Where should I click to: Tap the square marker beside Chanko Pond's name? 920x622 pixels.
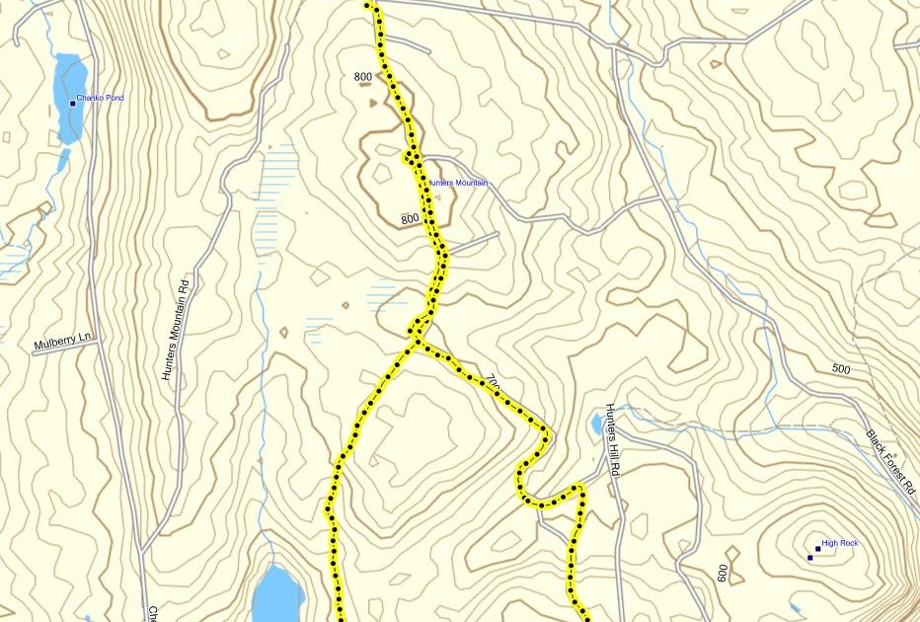(x=72, y=103)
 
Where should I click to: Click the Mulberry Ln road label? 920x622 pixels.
(x=62, y=344)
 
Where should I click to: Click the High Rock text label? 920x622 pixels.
(x=840, y=543)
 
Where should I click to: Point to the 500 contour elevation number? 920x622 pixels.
(x=840, y=369)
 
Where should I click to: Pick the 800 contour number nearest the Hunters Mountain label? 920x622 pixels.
(x=411, y=218)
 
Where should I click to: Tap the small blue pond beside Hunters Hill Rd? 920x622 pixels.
(x=596, y=425)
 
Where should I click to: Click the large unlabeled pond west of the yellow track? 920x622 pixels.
(x=276, y=592)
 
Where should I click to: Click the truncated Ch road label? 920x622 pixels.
(x=153, y=613)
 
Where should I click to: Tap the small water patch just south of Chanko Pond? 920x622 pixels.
(x=63, y=159)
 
